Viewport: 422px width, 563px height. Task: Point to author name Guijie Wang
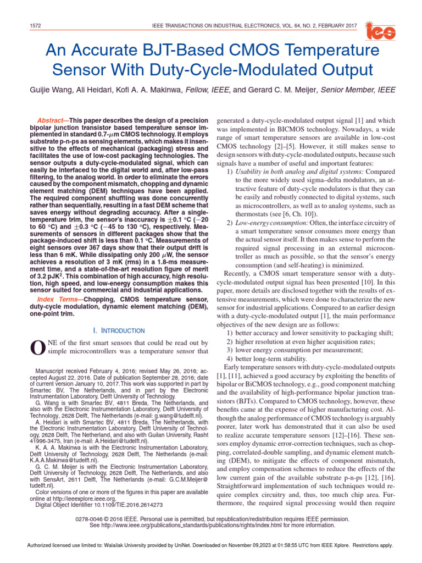coord(59,90)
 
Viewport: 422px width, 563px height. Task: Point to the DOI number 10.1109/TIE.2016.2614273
coord(124,505)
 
